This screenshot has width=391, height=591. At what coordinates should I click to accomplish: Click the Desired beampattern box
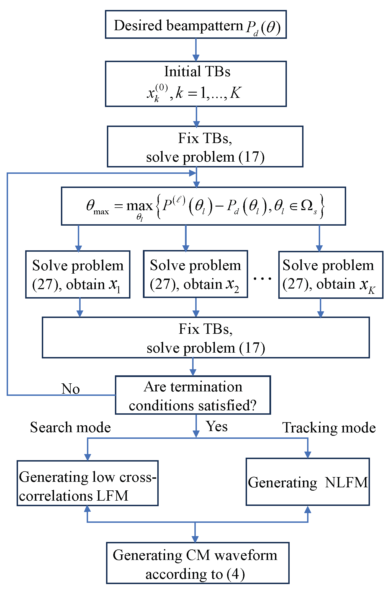[195, 24]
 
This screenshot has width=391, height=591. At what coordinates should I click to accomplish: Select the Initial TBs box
[195, 84]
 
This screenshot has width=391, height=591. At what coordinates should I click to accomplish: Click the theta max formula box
[203, 206]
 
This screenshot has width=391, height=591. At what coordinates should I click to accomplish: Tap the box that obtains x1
[78, 274]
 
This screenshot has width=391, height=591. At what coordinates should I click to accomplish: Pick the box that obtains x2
[195, 274]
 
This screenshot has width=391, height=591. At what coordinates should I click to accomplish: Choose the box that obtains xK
[331, 275]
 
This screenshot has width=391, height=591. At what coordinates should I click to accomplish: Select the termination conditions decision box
[193, 395]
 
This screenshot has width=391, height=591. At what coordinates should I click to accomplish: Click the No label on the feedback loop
[71, 389]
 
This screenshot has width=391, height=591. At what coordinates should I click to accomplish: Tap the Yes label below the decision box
[217, 426]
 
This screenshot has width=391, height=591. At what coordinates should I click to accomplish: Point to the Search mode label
[70, 427]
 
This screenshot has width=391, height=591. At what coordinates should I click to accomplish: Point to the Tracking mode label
[329, 427]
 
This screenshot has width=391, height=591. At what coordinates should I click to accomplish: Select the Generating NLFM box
[308, 482]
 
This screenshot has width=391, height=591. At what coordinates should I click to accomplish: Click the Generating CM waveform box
[198, 563]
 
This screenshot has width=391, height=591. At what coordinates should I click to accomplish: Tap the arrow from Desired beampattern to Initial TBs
[196, 50]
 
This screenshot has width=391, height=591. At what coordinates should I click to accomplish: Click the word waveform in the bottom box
[246, 555]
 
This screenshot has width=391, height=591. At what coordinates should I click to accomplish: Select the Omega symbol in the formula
[307, 205]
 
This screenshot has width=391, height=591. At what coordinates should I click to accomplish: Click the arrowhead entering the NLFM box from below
[308, 510]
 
